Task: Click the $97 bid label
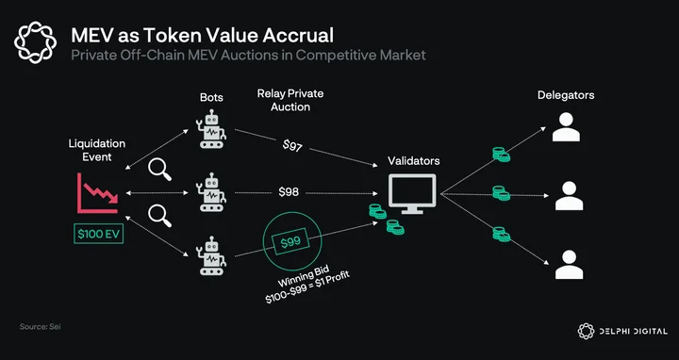[x=292, y=146]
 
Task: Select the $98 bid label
[x=289, y=192]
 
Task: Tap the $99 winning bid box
[x=290, y=242]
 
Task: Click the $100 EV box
[x=99, y=234]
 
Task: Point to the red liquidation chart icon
[x=98, y=193]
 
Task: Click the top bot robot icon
[x=212, y=128]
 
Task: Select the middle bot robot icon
[x=212, y=192]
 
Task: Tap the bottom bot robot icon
[x=212, y=255]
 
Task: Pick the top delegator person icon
[x=566, y=127]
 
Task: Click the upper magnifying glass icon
[x=159, y=170]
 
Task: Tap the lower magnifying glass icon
[x=159, y=216]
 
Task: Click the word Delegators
[x=566, y=95]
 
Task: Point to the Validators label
[x=414, y=161]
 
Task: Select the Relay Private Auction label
[x=290, y=100]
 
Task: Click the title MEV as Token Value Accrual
[x=202, y=35]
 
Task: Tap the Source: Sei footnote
[x=40, y=327]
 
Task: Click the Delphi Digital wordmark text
[x=634, y=332]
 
